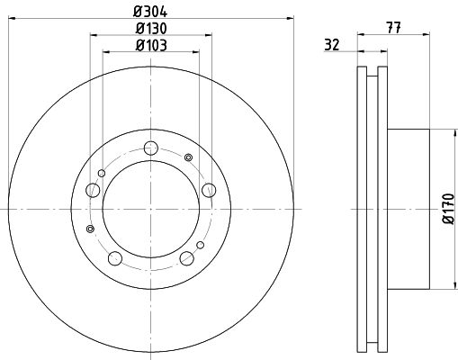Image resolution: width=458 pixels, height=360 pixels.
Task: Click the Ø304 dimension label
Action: pyautogui.click(x=150, y=12)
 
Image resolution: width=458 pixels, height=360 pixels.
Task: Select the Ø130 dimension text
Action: pyautogui.click(x=151, y=29)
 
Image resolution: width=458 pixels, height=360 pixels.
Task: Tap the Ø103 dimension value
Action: pyautogui.click(x=151, y=46)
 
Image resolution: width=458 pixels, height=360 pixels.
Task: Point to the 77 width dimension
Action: pyautogui.click(x=393, y=28)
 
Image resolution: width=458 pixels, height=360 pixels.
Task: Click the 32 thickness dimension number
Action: pyautogui.click(x=332, y=45)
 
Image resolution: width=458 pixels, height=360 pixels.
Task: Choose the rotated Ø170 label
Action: pyautogui.click(x=449, y=209)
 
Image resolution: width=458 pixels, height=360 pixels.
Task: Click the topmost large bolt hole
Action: pyautogui.click(x=151, y=148)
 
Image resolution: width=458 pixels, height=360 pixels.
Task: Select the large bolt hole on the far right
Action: pyautogui.click(x=209, y=190)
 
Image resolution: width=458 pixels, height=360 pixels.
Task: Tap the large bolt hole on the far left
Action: pyautogui.click(x=93, y=190)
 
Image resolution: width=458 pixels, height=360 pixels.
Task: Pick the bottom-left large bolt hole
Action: pyautogui.click(x=115, y=258)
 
